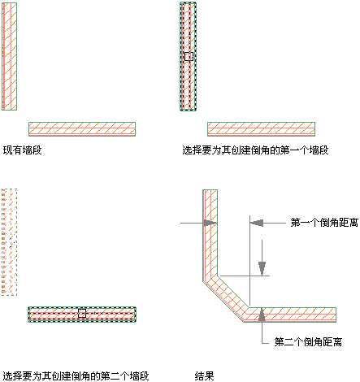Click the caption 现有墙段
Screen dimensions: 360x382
click(x=23, y=150)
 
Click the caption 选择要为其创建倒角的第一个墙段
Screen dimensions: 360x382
click(x=255, y=150)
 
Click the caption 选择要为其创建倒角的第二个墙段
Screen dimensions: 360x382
click(x=76, y=376)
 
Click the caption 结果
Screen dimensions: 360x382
click(x=205, y=376)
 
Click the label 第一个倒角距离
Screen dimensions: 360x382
click(x=324, y=223)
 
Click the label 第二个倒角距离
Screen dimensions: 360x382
click(x=308, y=342)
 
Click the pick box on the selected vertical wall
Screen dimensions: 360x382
click(x=189, y=56)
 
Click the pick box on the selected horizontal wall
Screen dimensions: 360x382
click(x=82, y=313)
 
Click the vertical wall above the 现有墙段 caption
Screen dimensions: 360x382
click(x=10, y=56)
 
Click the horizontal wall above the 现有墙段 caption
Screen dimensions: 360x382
click(x=82, y=129)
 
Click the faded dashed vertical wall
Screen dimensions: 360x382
click(x=9, y=242)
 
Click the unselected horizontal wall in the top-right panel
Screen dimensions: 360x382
click(x=261, y=129)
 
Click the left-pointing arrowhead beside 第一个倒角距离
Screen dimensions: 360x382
click(x=257, y=223)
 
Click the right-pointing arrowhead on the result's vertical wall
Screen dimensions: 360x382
click(x=210, y=223)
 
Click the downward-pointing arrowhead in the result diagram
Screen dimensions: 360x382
click(x=262, y=268)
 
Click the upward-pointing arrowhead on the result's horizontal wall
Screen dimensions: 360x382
click(x=262, y=315)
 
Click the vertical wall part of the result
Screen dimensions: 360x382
click(x=210, y=233)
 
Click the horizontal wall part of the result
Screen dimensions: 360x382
click(x=291, y=315)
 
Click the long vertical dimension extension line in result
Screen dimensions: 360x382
click(x=249, y=261)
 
